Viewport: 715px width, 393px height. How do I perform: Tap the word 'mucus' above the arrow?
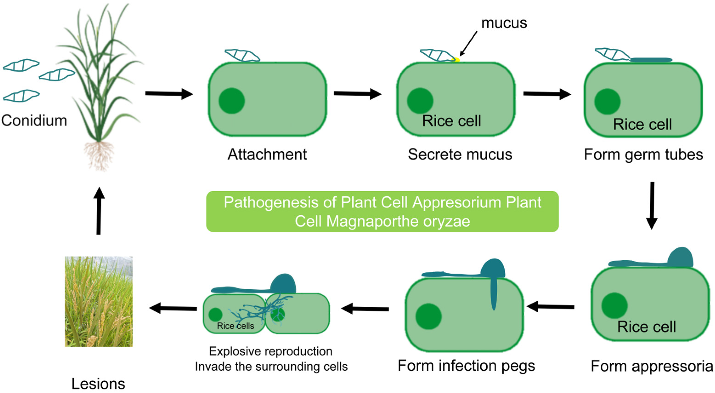click(504, 23)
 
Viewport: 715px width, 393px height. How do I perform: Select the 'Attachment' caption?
click(267, 154)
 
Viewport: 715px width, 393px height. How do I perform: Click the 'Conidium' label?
click(34, 121)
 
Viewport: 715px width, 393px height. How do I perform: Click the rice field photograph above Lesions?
click(99, 302)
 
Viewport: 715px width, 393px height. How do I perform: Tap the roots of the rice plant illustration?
click(99, 156)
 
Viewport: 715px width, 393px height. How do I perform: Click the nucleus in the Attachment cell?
click(231, 101)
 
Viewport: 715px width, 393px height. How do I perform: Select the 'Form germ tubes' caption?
click(643, 154)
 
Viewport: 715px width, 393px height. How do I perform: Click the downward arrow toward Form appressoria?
click(652, 206)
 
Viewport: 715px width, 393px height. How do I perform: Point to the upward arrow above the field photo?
click(99, 211)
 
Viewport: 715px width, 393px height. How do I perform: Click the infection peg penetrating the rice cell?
click(493, 294)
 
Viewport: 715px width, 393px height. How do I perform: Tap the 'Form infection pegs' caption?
click(466, 366)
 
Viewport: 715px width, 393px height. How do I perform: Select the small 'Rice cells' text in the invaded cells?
click(235, 326)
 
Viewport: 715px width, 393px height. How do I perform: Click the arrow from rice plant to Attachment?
click(169, 93)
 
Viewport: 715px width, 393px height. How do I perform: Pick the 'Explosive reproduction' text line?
click(271, 352)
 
